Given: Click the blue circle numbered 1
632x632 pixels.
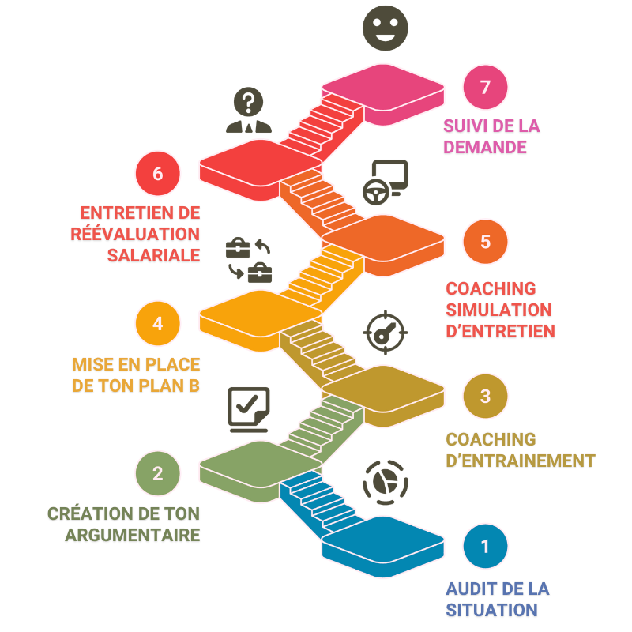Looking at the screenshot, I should (485, 545).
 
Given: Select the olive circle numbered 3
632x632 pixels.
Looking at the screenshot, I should (485, 395).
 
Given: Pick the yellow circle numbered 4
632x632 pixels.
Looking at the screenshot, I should (158, 323).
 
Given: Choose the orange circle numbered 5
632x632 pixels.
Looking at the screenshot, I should (485, 241).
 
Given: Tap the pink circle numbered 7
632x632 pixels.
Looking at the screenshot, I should (485, 87).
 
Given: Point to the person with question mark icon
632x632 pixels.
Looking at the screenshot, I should (248, 110).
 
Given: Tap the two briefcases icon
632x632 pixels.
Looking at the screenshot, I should (250, 260).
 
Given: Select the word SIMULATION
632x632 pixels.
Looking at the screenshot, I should (498, 310).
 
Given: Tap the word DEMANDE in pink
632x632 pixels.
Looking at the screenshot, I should (484, 147).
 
